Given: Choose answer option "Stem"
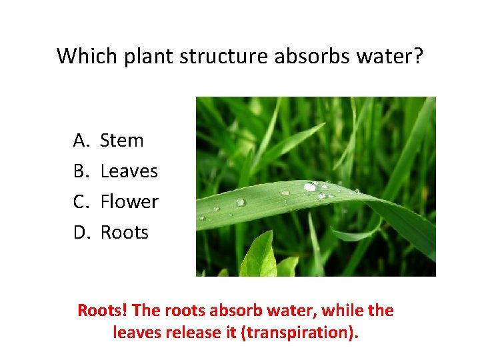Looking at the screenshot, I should [122, 141].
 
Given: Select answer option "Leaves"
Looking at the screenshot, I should [129, 171].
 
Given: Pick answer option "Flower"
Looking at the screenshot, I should [129, 201].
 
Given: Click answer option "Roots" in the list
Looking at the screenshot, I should [125, 232].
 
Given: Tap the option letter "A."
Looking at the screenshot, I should [81, 141].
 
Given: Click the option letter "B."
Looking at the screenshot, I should [81, 171].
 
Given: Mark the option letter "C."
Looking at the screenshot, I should [81, 201].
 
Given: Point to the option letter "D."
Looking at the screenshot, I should [81, 232].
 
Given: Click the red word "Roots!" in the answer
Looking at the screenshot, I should [103, 311].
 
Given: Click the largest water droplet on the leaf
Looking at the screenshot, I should [310, 187].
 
